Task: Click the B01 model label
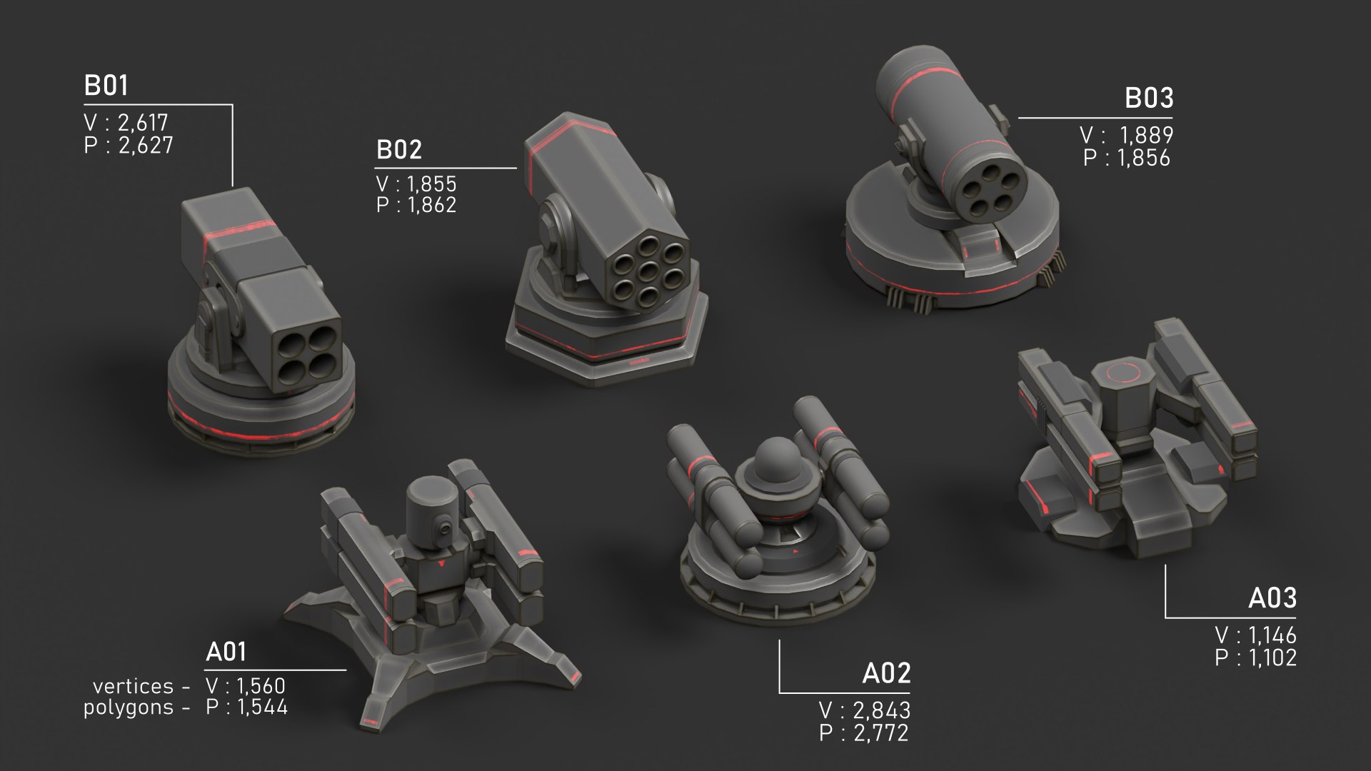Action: coord(106,86)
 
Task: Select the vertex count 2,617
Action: coord(143,123)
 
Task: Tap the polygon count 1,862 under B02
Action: coord(431,205)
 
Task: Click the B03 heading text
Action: coord(1148,99)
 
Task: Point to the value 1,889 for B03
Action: coord(1146,135)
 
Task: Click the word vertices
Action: coord(133,686)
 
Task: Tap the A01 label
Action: coord(226,652)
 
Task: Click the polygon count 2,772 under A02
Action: coord(881,732)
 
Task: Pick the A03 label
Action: coord(1272,598)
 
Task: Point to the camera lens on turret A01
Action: coord(445,529)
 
